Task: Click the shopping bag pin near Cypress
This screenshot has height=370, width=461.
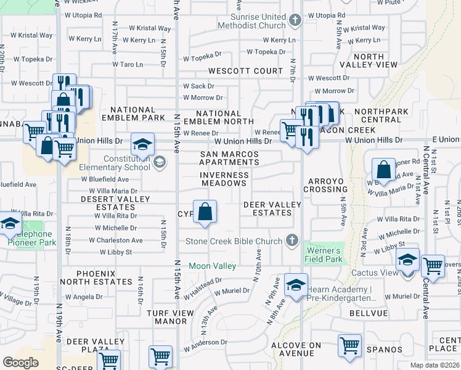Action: tap(205, 212)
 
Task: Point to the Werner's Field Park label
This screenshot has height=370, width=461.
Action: tap(323, 255)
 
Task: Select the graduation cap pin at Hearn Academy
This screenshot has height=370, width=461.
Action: tap(296, 285)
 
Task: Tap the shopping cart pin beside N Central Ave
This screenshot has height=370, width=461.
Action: tap(433, 265)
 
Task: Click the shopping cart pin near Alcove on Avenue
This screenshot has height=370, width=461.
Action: tap(349, 345)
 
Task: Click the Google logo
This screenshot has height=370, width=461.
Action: tap(20, 363)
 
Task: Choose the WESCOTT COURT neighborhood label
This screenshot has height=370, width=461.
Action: tap(245, 71)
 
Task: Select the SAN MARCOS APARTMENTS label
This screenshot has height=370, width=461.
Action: tap(229, 158)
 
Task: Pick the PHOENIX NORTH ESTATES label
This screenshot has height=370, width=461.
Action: tap(104, 277)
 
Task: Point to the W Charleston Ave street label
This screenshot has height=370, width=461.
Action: tap(121, 240)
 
